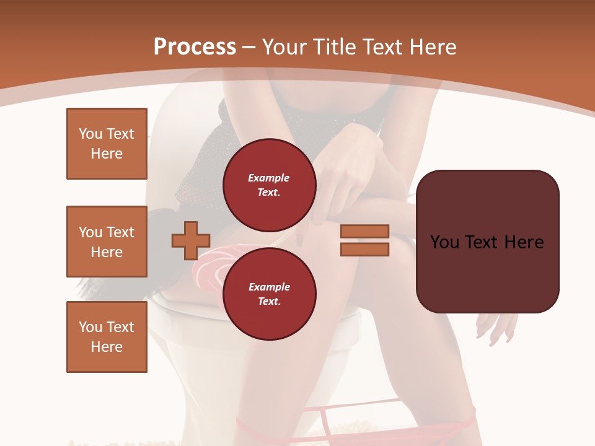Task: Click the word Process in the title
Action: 195,47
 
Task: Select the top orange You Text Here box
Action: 107,144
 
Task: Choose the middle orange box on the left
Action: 107,242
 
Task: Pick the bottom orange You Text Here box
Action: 107,337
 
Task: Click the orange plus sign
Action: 191,240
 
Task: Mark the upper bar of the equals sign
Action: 364,231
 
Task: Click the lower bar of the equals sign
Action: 364,249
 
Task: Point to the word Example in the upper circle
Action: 269,178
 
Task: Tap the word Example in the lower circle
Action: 269,287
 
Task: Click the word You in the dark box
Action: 444,242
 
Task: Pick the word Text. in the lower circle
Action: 269,302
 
